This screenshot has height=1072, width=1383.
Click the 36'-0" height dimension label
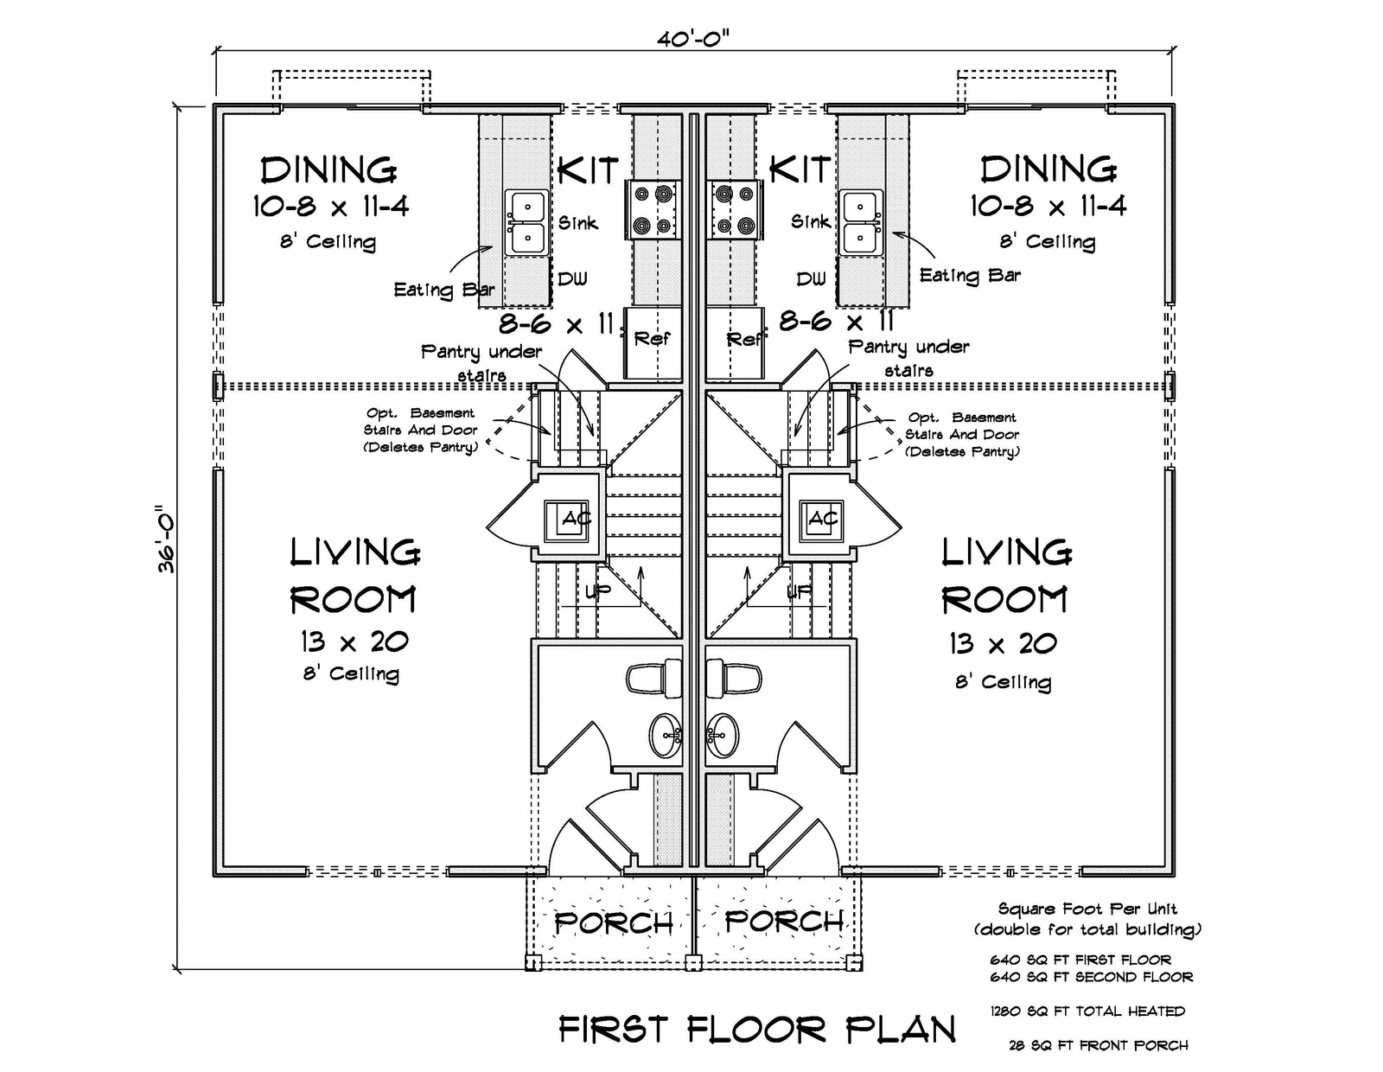click(x=167, y=539)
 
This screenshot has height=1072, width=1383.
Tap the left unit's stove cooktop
click(x=653, y=210)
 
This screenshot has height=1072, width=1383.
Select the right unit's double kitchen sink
click(x=862, y=223)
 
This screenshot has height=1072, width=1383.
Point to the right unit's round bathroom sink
click(x=723, y=735)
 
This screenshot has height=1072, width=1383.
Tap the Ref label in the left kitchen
click(x=652, y=339)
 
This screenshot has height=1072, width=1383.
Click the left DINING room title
click(x=328, y=170)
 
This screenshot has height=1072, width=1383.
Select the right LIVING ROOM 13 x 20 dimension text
click(x=1003, y=643)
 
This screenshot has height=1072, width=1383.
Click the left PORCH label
click(x=613, y=923)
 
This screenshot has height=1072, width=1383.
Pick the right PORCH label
click(x=784, y=921)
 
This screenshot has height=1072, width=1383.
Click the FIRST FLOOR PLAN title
click(x=757, y=1030)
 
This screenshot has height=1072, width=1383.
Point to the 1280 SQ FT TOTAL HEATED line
click(x=1087, y=1011)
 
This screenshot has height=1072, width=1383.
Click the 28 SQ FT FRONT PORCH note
click(x=1099, y=1045)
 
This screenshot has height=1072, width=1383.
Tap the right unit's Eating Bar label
click(x=970, y=276)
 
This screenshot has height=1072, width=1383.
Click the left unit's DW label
click(x=572, y=278)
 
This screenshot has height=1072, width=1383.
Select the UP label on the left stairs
click(x=597, y=591)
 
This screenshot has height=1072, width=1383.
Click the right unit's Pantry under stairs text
click(x=908, y=358)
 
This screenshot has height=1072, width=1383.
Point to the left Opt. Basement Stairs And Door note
click(x=421, y=431)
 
